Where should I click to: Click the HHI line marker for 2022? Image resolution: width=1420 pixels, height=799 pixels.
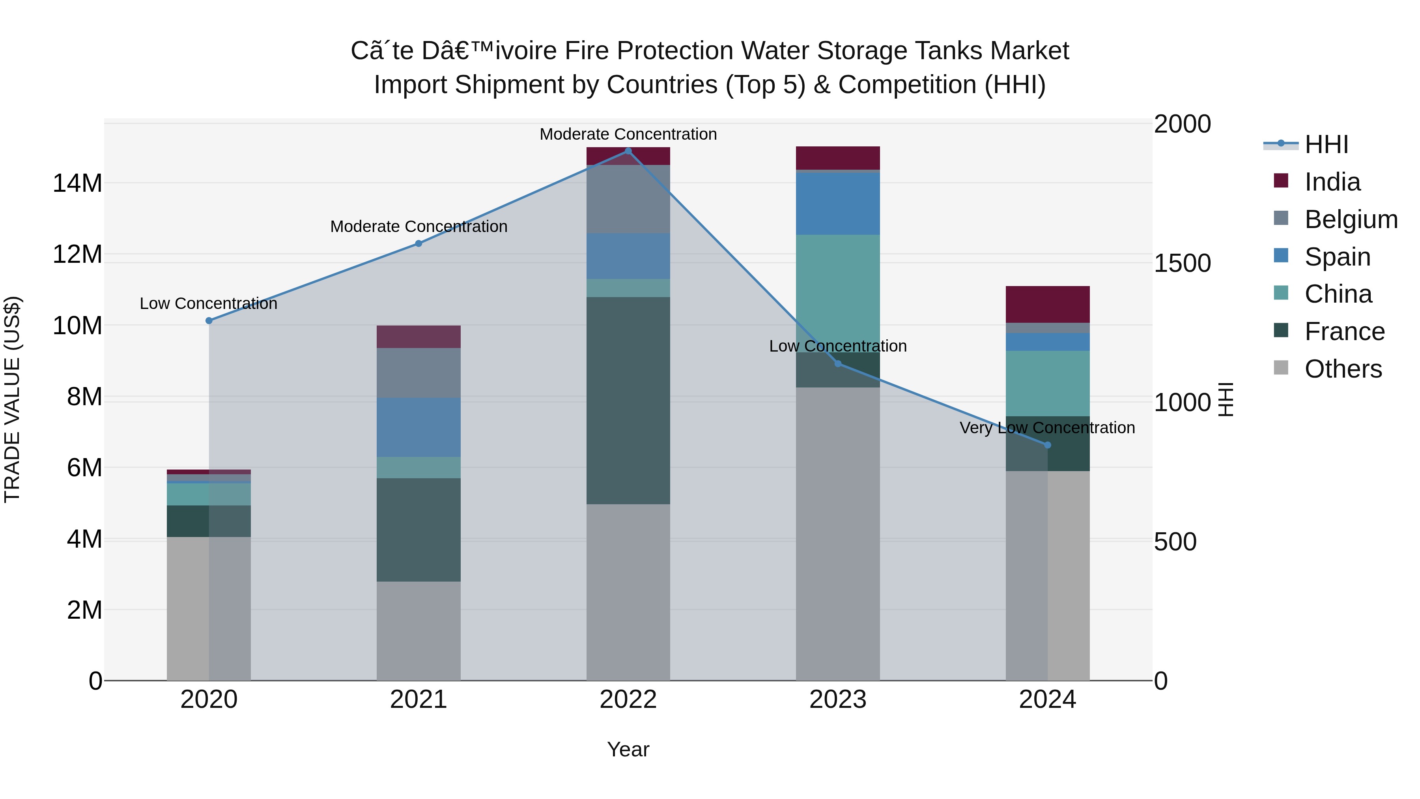point(628,151)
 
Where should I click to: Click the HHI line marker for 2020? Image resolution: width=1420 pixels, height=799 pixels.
point(209,320)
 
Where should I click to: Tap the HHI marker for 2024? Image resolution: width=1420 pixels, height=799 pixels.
point(1047,445)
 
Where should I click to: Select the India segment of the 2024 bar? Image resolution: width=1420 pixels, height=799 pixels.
point(1047,304)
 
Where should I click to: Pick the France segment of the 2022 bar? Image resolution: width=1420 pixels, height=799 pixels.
point(628,400)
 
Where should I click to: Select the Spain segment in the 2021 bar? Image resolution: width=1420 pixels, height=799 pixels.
point(419,427)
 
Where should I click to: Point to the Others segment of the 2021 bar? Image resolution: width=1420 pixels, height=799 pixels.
point(419,631)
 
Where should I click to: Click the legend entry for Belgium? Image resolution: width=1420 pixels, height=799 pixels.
point(1351,219)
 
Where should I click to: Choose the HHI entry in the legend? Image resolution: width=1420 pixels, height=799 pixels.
point(1326,144)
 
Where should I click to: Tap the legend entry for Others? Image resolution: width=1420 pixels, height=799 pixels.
point(1343,369)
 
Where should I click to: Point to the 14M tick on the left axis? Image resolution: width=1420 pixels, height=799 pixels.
point(77,183)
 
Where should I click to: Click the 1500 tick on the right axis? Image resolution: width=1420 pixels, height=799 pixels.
point(1183,263)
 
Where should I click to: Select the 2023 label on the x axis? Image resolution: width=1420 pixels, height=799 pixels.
point(838,700)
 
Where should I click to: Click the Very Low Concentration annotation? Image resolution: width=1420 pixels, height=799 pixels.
point(1047,428)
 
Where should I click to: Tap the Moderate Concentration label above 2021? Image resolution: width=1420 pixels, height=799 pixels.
point(419,226)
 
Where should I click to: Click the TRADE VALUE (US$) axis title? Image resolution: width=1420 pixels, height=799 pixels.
point(12,399)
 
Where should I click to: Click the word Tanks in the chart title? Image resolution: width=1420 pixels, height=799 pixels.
point(950,51)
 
